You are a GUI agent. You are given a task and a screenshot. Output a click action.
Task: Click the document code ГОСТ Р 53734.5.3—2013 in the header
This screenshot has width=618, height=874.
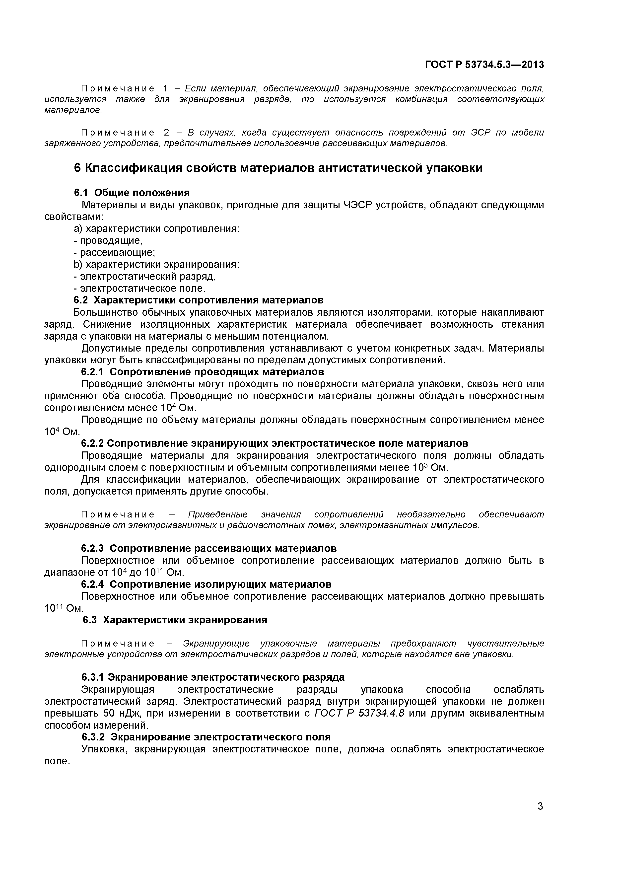[484, 65]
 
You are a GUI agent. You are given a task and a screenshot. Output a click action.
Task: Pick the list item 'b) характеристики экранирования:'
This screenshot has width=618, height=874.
[156, 265]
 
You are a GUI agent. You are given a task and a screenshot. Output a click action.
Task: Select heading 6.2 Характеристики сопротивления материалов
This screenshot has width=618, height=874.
[198, 300]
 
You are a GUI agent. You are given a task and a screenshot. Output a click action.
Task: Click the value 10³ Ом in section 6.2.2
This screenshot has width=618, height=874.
[430, 467]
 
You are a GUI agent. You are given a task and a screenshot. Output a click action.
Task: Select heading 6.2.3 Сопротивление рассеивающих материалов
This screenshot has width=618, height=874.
[209, 549]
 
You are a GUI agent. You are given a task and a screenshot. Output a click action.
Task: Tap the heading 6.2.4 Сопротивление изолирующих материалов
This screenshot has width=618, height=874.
[206, 584]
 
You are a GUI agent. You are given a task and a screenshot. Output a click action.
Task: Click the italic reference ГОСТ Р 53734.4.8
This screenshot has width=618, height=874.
[359, 713]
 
